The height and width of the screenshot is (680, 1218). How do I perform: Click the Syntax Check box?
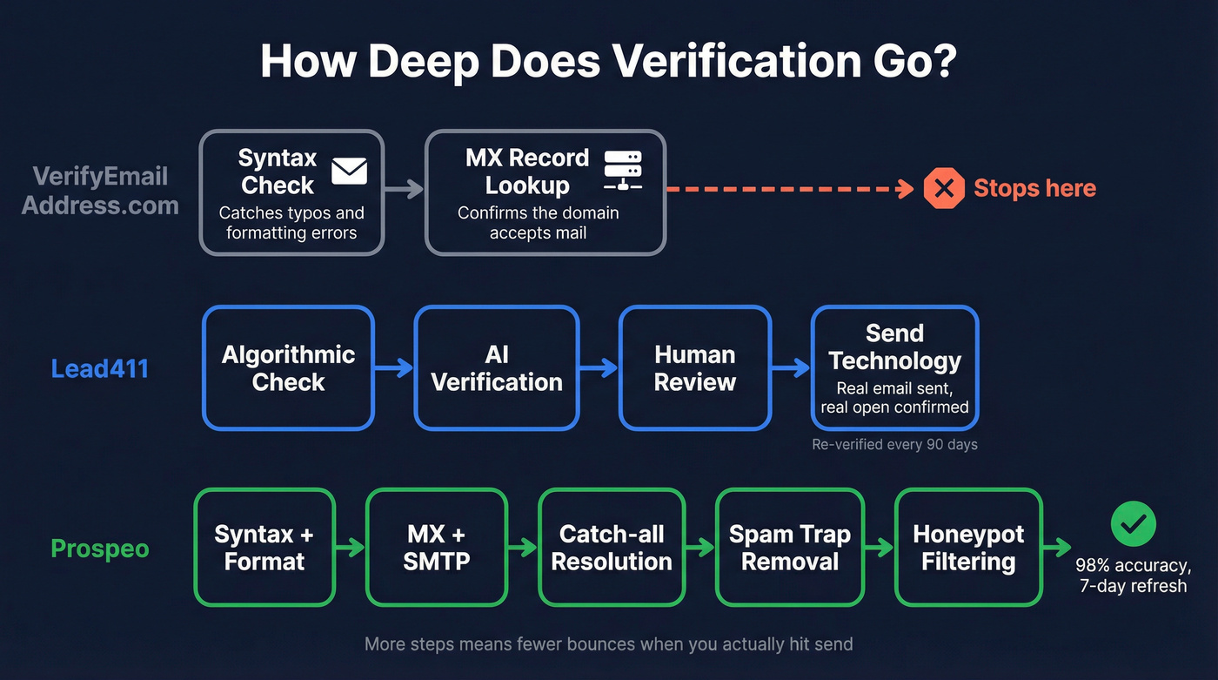pyautogui.click(x=291, y=192)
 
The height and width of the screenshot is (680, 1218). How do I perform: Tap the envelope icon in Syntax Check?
pyautogui.click(x=349, y=172)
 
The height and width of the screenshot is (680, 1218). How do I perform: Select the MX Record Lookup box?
pyautogui.click(x=545, y=192)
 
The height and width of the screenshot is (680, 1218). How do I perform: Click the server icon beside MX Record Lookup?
pyautogui.click(x=622, y=171)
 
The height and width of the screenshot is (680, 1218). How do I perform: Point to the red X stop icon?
pyautogui.click(x=944, y=188)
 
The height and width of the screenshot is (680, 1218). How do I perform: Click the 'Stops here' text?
pyautogui.click(x=1034, y=188)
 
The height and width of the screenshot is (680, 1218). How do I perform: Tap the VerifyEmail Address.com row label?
pyautogui.click(x=100, y=191)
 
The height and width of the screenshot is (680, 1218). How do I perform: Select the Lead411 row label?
pyautogui.click(x=100, y=368)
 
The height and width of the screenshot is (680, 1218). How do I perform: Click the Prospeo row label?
pyautogui.click(x=100, y=549)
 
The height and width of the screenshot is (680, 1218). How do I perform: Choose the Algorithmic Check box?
pyautogui.click(x=288, y=368)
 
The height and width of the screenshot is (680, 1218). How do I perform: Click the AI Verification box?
pyautogui.click(x=497, y=368)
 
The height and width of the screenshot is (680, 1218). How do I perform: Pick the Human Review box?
pyautogui.click(x=695, y=368)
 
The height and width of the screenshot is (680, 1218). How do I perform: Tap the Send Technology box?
pyautogui.click(x=894, y=368)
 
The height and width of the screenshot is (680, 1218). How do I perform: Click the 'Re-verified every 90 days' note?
pyautogui.click(x=894, y=445)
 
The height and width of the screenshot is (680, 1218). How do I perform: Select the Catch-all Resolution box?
pyautogui.click(x=612, y=548)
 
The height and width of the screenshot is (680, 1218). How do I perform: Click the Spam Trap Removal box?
pyautogui.click(x=789, y=548)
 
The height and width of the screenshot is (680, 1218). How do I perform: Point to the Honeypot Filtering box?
pyautogui.click(x=968, y=548)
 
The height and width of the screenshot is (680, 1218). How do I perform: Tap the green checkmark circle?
pyautogui.click(x=1133, y=523)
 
